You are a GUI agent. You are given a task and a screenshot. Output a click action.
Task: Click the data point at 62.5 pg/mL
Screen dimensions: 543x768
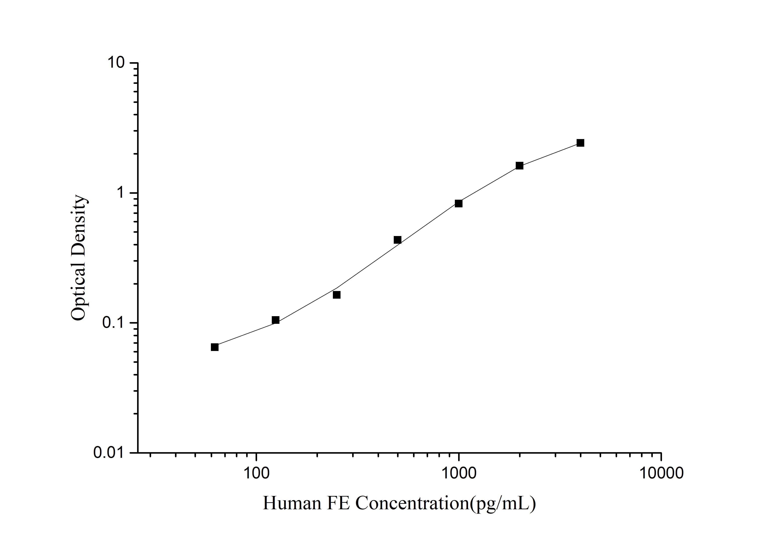(x=215, y=347)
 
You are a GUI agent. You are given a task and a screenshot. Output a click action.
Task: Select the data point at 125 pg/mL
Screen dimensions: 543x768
(x=276, y=320)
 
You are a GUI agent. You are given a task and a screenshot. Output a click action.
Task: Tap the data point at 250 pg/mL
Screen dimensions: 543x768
(x=337, y=294)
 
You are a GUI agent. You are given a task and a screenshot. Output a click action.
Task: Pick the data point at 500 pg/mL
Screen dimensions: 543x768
(x=397, y=240)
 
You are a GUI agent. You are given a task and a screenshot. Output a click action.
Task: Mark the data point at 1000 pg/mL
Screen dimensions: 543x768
(x=459, y=203)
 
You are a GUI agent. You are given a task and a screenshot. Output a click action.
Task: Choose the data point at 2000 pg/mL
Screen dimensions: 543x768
(x=519, y=166)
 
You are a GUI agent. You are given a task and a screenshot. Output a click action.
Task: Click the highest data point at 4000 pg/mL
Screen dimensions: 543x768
(x=580, y=143)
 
